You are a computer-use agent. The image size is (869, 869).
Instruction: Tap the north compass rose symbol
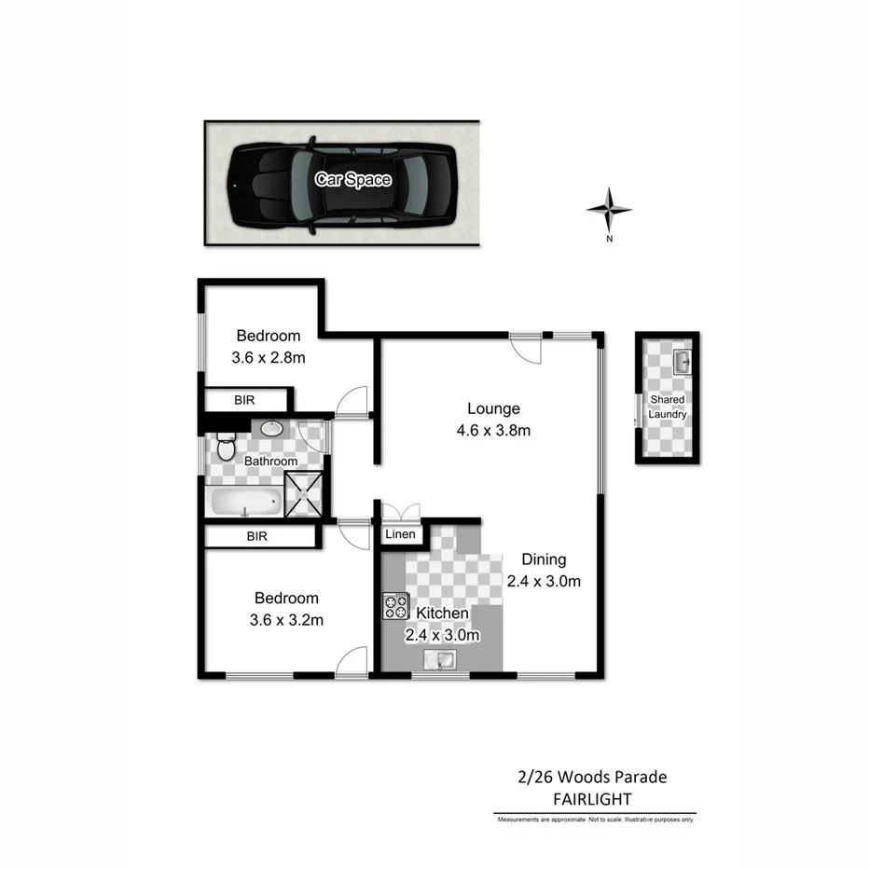point(609,210)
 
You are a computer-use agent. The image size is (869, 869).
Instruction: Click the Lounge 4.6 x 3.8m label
point(492,419)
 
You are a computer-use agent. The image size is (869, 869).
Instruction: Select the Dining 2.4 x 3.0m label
point(544,571)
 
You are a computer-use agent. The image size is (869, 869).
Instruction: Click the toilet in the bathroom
point(225,448)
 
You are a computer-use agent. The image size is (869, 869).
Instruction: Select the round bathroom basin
point(272,429)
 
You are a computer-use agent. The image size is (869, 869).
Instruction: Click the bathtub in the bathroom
point(245,503)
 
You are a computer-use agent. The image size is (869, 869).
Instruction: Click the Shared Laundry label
point(668,407)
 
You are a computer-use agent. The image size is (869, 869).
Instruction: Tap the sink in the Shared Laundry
point(681,360)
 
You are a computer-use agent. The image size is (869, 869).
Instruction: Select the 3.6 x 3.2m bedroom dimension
point(286,618)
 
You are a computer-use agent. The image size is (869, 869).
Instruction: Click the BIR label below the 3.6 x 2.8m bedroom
point(244,400)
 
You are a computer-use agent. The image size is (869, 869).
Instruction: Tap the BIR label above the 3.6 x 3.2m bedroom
point(257,536)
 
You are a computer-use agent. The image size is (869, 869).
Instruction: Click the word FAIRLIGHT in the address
point(591,799)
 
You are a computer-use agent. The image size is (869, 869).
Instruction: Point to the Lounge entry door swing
point(527,349)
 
